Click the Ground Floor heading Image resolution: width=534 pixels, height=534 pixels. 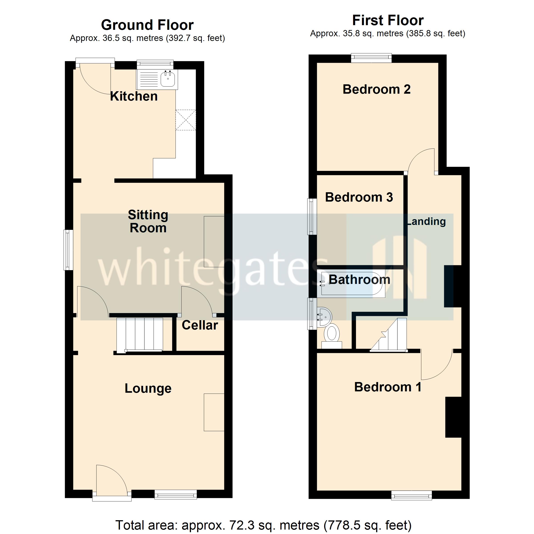click(147, 25)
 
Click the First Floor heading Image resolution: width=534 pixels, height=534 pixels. click(388, 20)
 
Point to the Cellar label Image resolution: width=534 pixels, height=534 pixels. click(200, 325)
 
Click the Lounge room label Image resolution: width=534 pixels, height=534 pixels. click(148, 388)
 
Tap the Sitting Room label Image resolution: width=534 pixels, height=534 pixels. click(148, 221)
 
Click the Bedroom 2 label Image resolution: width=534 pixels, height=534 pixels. click(376, 89)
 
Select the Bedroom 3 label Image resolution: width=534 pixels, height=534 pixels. click(359, 197)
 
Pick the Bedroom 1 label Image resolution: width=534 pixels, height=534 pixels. click(388, 387)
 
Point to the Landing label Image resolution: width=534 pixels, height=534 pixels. click(427, 221)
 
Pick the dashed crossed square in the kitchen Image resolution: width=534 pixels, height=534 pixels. click(186, 120)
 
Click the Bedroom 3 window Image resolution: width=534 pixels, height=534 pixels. click(313, 216)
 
